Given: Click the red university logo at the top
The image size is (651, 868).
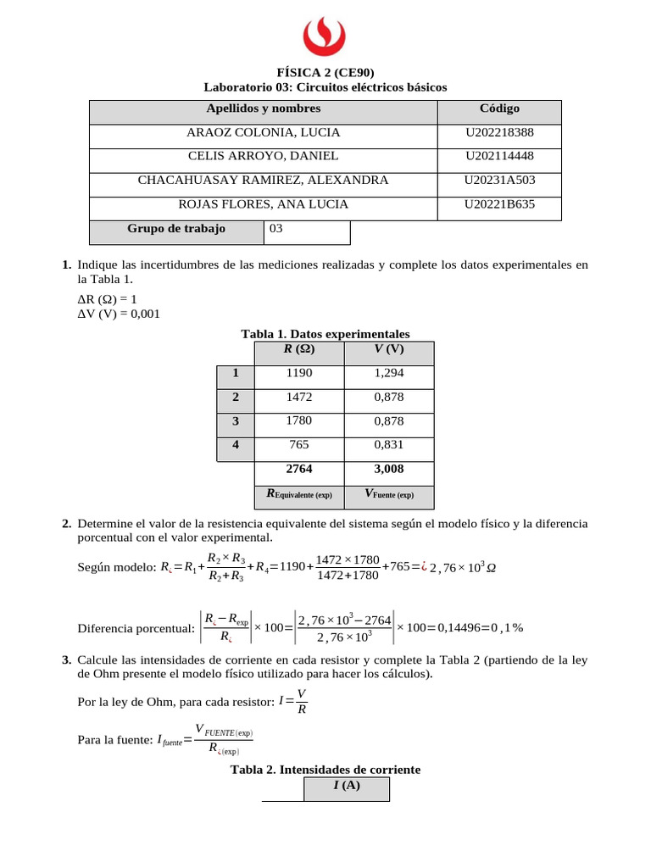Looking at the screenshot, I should pyautogui.click(x=324, y=36).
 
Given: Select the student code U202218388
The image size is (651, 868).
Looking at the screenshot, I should pyautogui.click(x=499, y=132).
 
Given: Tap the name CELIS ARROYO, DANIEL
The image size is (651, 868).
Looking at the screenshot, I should pyautogui.click(x=263, y=156).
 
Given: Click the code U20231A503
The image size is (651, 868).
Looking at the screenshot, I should pyautogui.click(x=499, y=180).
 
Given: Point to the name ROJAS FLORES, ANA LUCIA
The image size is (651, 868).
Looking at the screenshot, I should pyautogui.click(x=263, y=204).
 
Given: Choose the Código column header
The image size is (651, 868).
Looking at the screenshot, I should pyautogui.click(x=499, y=108).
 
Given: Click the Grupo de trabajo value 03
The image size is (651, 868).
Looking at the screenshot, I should pyautogui.click(x=275, y=228).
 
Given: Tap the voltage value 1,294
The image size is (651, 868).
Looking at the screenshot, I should pyautogui.click(x=389, y=373).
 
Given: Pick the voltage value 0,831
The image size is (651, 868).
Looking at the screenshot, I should pyautogui.click(x=389, y=444).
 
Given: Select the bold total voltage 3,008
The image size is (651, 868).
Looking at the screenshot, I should pyautogui.click(x=389, y=469).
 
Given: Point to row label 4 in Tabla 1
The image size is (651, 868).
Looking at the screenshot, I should pyautogui.click(x=236, y=444).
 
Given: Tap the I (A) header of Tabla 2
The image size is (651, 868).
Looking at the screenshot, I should pyautogui.click(x=347, y=786).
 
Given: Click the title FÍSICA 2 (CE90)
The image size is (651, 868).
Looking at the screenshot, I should pyautogui.click(x=325, y=74).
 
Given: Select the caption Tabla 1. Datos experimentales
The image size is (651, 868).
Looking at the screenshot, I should pyautogui.click(x=325, y=335).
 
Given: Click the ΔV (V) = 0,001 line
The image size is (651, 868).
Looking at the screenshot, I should pyautogui.click(x=118, y=314).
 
